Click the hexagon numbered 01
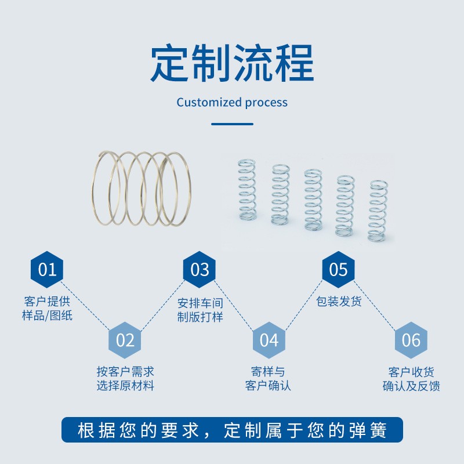click(x=47, y=270)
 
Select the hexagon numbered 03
click(x=200, y=270)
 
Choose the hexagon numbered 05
click(x=338, y=270)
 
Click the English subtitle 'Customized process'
click(x=232, y=103)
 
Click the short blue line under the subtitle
click(x=232, y=124)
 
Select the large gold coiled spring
click(x=142, y=188)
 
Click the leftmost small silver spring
click(x=247, y=190)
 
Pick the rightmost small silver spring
click(x=378, y=211)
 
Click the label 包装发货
click(x=339, y=302)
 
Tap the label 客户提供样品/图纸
click(x=48, y=309)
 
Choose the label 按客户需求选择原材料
click(x=125, y=379)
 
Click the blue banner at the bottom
click(x=232, y=430)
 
